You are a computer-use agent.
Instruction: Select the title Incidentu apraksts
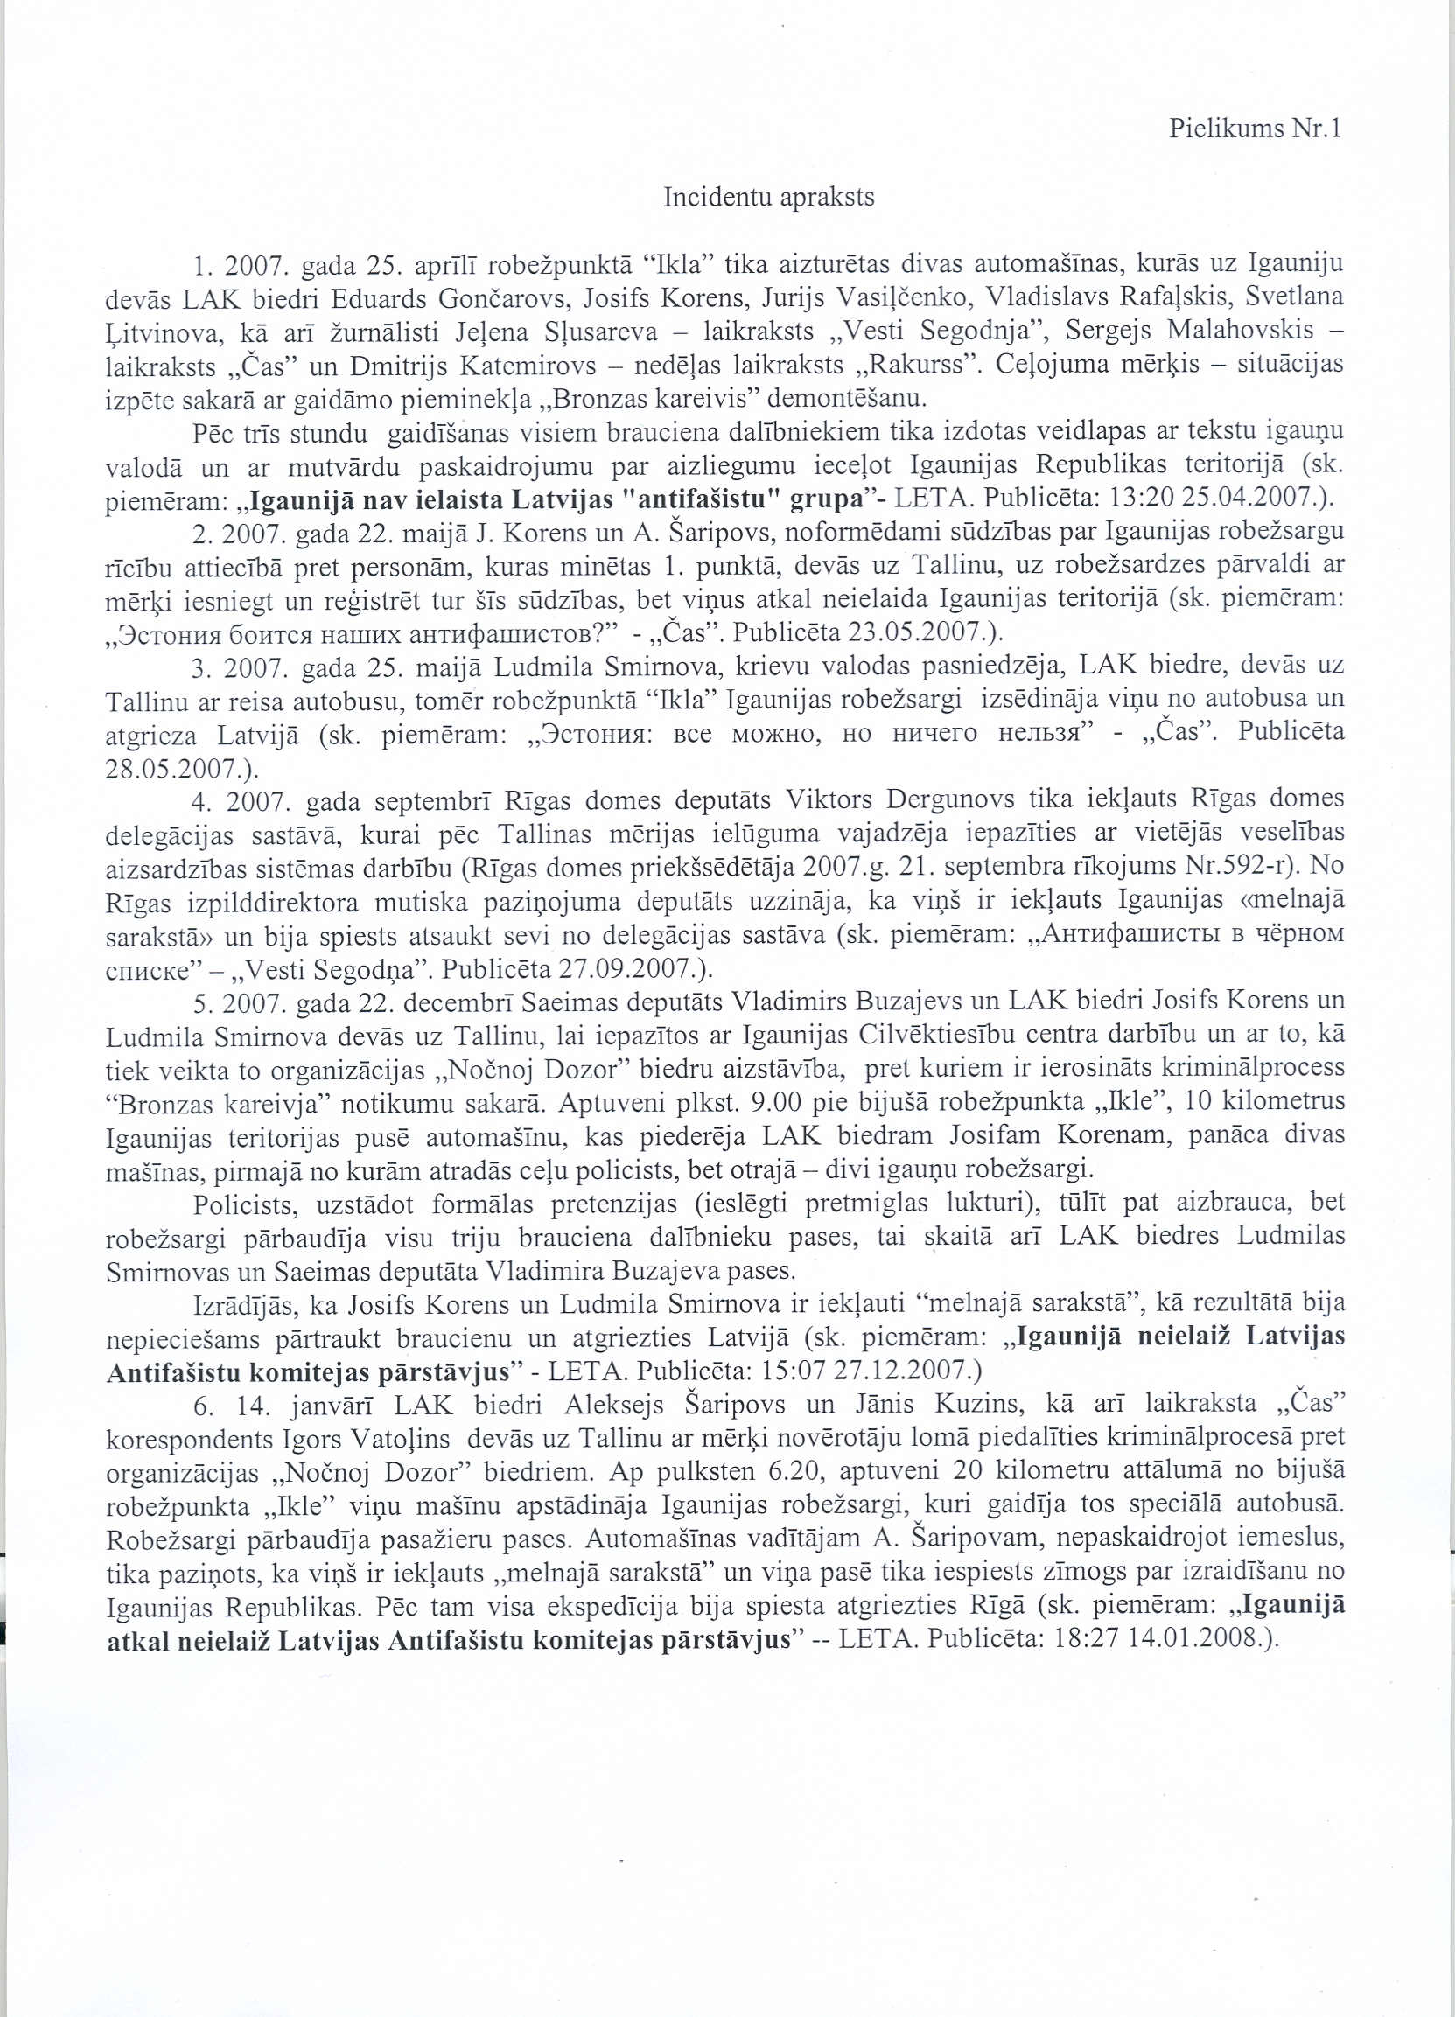click(x=768, y=197)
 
